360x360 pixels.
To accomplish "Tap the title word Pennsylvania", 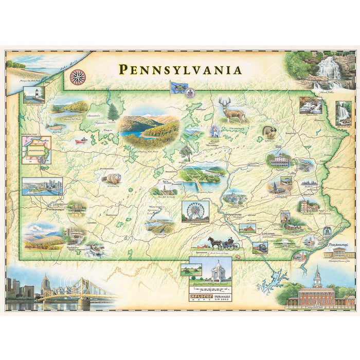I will click(180, 69).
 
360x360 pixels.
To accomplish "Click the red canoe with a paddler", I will click(80, 140).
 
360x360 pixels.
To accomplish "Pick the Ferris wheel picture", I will click(195, 211).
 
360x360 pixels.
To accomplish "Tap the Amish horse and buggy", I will click(222, 243).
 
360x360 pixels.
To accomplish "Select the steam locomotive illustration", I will click(260, 247).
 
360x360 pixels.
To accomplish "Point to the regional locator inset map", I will click(36, 149).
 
